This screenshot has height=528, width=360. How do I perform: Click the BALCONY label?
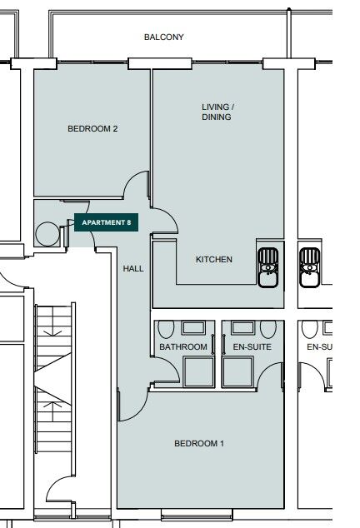(x=163, y=37)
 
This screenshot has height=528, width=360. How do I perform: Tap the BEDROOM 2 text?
(x=92, y=129)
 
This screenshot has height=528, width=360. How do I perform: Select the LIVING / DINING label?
(x=217, y=112)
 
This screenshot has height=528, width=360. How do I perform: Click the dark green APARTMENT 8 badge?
(x=106, y=222)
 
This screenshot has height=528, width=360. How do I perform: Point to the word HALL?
(x=133, y=269)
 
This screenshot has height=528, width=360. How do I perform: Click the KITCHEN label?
(x=214, y=260)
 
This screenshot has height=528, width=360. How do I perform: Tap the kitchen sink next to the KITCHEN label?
(x=268, y=266)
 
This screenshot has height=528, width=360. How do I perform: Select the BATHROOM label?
(x=182, y=346)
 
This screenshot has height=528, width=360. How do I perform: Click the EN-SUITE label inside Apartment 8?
(x=252, y=346)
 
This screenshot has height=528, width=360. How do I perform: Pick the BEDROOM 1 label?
(x=198, y=444)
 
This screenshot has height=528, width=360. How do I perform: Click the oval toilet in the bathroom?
(x=167, y=328)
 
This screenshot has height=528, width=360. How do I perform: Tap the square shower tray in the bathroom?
(x=199, y=371)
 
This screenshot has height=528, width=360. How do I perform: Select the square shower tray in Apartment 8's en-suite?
(x=238, y=371)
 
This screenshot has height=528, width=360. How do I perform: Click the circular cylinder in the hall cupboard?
(x=47, y=234)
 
